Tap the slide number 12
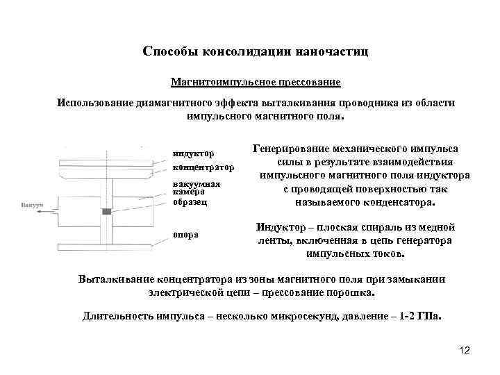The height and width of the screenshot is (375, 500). pos(465,351)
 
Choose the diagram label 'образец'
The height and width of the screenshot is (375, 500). pos(190,203)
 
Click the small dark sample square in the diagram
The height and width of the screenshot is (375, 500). pos(106,211)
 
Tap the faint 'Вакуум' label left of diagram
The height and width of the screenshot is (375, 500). pos(33,206)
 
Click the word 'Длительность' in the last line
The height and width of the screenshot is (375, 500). pos(121,316)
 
